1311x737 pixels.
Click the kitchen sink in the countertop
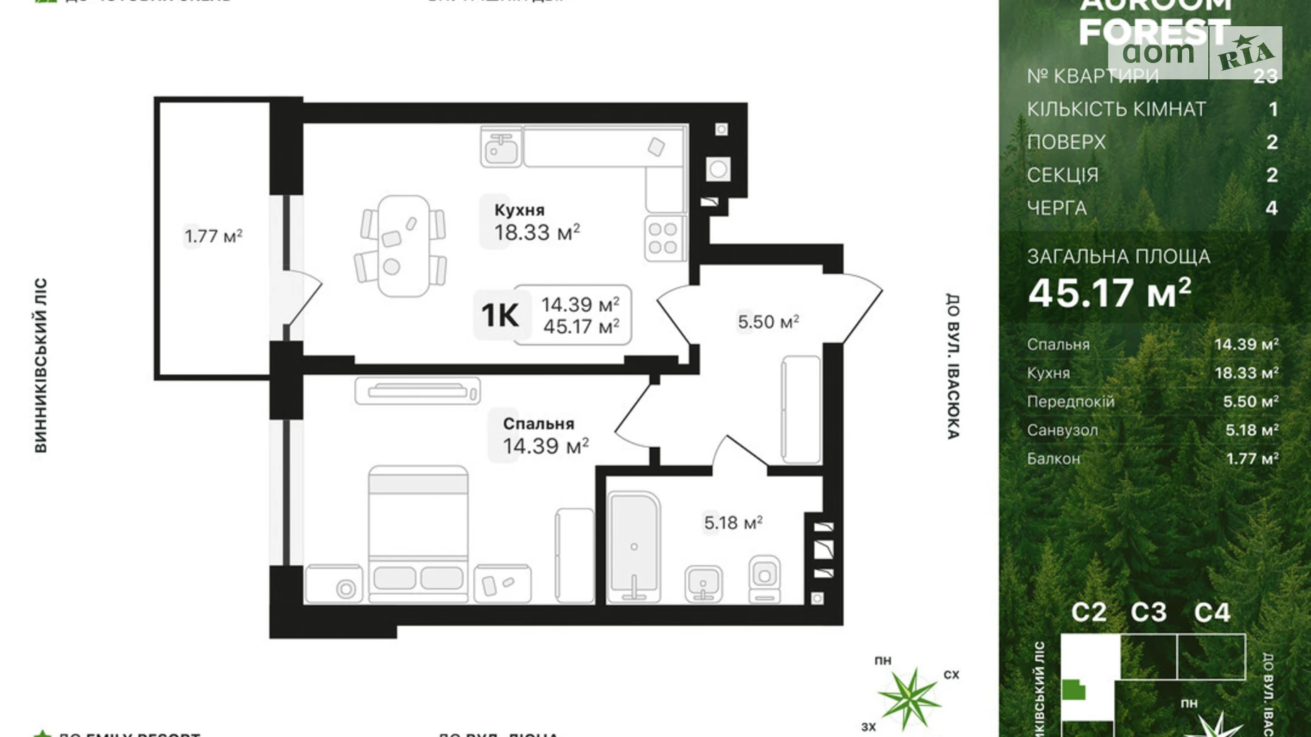tap(502, 147)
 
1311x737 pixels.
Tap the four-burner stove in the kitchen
tap(663, 238)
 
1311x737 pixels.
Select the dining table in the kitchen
tap(403, 245)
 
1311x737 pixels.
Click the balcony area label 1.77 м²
tap(213, 235)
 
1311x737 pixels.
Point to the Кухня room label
tap(519, 210)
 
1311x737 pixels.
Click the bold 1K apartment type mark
tap(500, 315)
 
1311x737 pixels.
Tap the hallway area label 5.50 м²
tap(768, 322)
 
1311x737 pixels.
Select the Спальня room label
tap(539, 424)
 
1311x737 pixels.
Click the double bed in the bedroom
tap(418, 531)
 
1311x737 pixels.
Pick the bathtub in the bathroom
tap(634, 548)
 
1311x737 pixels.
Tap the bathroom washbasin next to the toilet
tap(703, 583)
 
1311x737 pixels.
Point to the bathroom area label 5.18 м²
tap(733, 523)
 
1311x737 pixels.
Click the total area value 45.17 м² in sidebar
tap(1110, 292)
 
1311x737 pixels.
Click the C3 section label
tap(1148, 612)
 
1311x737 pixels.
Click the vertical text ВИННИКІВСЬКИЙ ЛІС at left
tap(40, 365)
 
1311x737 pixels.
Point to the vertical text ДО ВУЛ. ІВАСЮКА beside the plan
tap(953, 366)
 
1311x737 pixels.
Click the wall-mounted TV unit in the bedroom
tap(417, 390)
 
